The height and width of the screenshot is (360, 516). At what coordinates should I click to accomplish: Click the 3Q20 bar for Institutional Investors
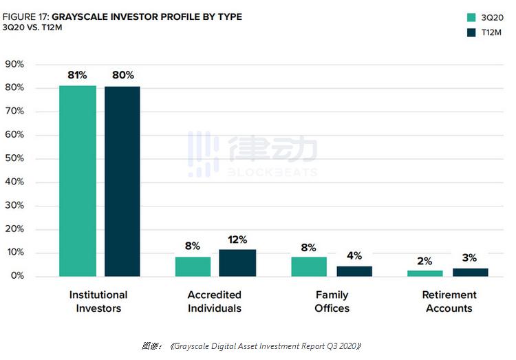coord(78,181)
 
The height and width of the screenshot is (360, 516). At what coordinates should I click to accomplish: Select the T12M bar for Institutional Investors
coord(122,181)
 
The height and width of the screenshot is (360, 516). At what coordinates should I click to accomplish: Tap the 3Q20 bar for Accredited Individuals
coord(193,266)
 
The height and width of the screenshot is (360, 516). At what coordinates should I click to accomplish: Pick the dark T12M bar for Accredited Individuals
coord(237,263)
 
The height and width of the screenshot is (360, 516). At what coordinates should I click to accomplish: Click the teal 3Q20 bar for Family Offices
coord(309,266)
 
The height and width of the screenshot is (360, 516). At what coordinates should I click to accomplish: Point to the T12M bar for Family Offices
coord(354,271)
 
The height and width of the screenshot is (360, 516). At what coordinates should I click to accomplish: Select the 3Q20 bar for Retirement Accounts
coord(425,273)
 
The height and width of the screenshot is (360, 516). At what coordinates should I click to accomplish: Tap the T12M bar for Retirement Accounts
coord(471,272)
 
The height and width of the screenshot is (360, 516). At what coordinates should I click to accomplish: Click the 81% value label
coord(77,75)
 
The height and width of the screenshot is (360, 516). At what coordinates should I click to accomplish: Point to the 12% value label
coord(237,240)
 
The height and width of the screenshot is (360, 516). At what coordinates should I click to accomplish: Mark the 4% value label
coord(354,255)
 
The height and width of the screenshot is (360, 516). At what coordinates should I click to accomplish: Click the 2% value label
coord(424,261)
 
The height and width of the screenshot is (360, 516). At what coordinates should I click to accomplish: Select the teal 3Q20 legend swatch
coord(471,17)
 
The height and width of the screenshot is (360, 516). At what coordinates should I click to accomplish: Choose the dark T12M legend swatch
coord(471,32)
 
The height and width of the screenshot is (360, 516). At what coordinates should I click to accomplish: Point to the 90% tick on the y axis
coord(14,64)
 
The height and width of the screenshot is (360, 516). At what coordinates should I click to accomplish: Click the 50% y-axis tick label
coord(14,158)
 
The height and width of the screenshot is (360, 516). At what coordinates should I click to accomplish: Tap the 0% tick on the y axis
coord(17,276)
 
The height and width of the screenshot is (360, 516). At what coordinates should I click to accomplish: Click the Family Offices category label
coord(332,301)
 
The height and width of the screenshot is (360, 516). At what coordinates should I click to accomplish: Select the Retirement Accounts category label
coord(449,301)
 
